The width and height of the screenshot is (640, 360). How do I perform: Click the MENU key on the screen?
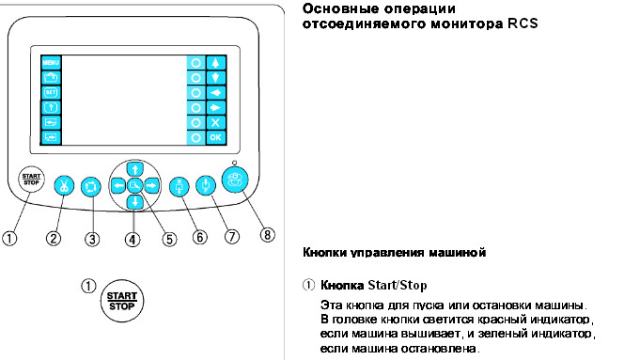[51, 62]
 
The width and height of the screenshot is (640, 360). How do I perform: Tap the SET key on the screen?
[51, 93]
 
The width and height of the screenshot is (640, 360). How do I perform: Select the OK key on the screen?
[215, 137]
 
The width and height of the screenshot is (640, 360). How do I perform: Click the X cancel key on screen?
[215, 122]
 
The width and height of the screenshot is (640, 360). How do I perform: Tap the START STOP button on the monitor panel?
[31, 180]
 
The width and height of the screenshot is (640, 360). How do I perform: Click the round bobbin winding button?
[235, 180]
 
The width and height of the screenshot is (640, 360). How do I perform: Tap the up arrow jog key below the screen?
[134, 168]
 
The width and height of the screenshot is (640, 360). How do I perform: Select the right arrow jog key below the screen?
[151, 186]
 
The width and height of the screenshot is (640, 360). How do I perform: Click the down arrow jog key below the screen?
[134, 202]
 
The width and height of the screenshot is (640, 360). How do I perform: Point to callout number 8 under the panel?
[267, 235]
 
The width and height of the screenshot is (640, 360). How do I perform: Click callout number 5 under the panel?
[169, 239]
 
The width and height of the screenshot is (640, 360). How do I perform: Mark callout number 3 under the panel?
[92, 239]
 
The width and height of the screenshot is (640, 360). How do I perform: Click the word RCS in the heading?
[523, 23]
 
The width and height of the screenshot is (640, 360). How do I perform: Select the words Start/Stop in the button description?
[398, 285]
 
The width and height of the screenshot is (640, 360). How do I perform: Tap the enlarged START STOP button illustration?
[121, 301]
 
